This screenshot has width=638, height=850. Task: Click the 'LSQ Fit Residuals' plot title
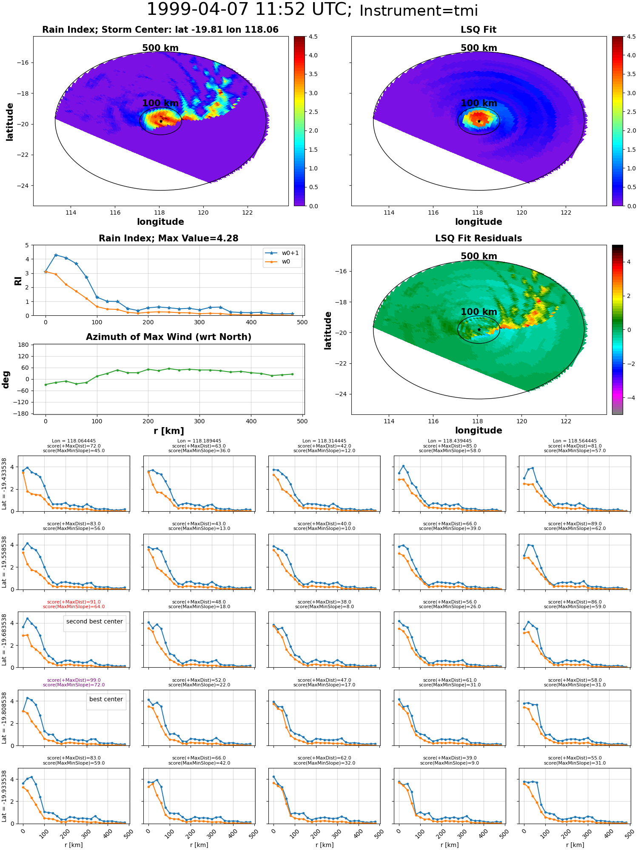478,238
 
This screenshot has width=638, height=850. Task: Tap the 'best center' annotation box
106,699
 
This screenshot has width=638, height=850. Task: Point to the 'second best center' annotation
94,621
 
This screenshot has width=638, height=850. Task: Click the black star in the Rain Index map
161,121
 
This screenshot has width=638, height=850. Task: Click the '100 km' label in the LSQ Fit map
479,103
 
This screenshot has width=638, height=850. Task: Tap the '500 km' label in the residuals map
479,256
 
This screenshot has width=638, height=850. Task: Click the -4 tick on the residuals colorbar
629,398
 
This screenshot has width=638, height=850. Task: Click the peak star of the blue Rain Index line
56,255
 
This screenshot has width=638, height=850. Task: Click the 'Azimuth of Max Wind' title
168,337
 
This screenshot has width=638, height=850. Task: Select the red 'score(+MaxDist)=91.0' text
74,602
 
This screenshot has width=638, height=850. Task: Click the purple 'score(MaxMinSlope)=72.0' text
74,685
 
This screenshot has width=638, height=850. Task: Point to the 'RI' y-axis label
18,280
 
